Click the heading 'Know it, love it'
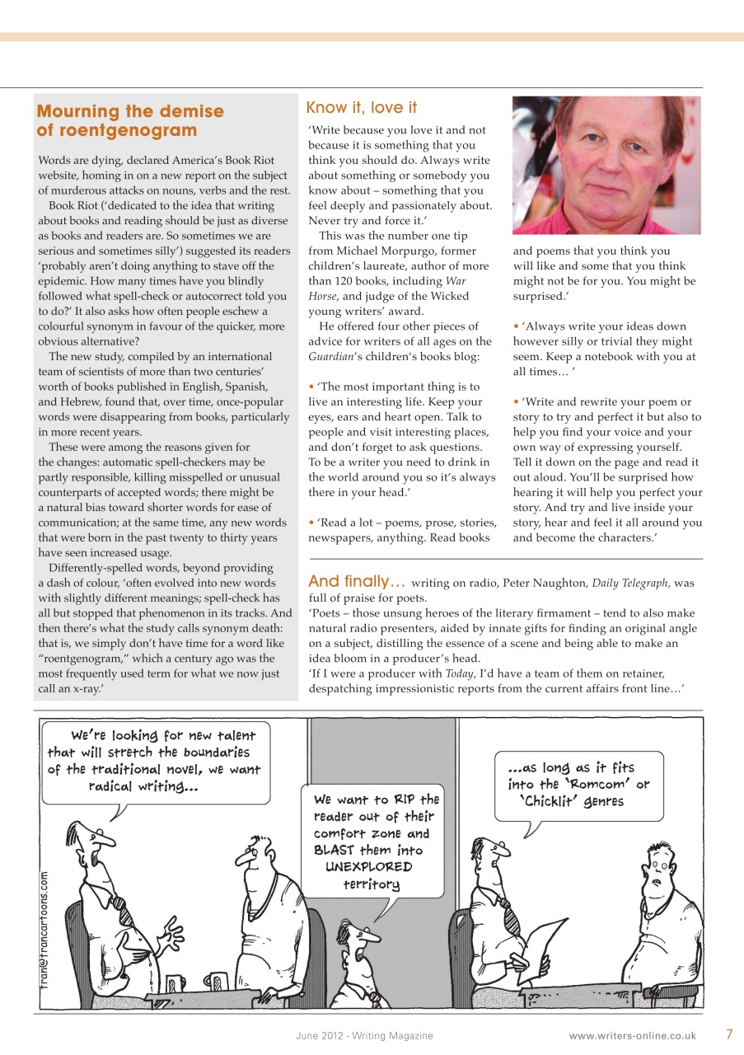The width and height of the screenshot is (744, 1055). coord(361,108)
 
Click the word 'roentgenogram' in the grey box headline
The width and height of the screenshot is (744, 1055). coord(117,130)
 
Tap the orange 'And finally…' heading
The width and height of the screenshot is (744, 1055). coord(357,581)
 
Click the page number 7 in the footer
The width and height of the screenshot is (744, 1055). coord(729,1034)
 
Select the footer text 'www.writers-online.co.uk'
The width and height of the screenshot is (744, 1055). coord(632,1035)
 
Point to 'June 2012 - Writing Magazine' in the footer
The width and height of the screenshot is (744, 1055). coord(364,1035)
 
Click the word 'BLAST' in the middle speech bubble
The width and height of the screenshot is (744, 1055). coord(333,850)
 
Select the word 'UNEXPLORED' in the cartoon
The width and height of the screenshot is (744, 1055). coord(368,867)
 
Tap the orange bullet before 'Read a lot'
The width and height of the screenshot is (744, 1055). coord(311,523)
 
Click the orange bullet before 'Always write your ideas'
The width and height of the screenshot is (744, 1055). coord(516,326)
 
